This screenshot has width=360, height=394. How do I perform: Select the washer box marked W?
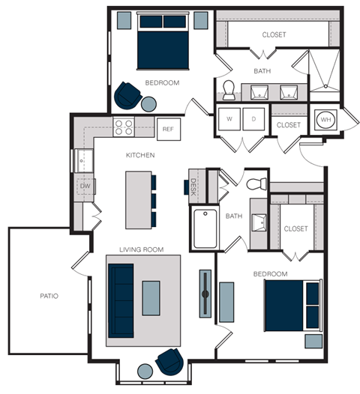[x=229, y=118]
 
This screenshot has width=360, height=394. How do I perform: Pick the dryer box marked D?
[x=253, y=118]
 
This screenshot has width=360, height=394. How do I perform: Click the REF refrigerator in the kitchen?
[x=168, y=129]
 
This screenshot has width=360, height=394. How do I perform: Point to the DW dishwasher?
[x=85, y=185]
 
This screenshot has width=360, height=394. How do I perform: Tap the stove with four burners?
[x=123, y=127]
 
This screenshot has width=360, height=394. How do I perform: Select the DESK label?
[x=193, y=185]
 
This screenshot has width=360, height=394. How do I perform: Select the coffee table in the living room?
[x=151, y=298]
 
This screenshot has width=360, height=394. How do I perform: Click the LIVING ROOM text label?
[x=142, y=249]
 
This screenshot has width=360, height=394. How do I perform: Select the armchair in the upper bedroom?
[x=126, y=94]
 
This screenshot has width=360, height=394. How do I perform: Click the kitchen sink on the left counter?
[x=82, y=160]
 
